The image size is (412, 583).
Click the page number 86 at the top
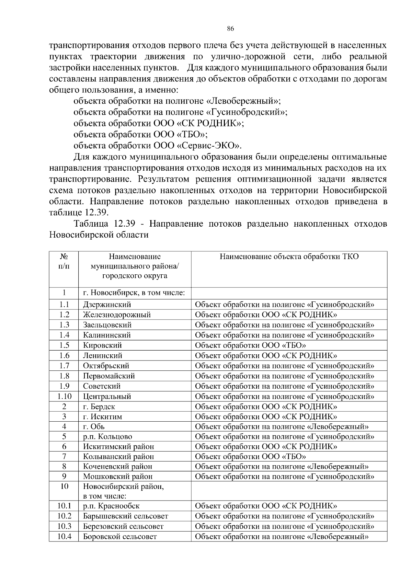pyautogui.click(x=230, y=29)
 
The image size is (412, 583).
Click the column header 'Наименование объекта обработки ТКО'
pyautogui.click(x=289, y=256)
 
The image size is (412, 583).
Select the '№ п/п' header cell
pyautogui.click(x=64, y=261)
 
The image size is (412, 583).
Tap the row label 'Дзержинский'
pyautogui.click(x=107, y=305)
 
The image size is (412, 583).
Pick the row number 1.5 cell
pyautogui.click(x=64, y=345)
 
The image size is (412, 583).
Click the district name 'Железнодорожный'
pyautogui.click(x=117, y=315)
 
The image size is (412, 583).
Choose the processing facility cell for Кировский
pyautogui.click(x=250, y=345)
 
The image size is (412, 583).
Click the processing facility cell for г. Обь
pyautogui.click(x=282, y=427)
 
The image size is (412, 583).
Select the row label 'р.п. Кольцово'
pyautogui.click(x=107, y=437)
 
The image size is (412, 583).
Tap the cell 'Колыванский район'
pyautogui.click(x=118, y=457)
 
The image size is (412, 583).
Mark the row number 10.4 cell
pyautogui.click(x=64, y=536)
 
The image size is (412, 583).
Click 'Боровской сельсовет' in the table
pyautogui.click(x=120, y=537)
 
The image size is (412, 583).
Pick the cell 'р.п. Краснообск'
pyautogui.click(x=111, y=506)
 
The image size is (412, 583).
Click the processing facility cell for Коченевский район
pyautogui.click(x=282, y=467)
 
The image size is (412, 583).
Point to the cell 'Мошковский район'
pyautogui.click(x=118, y=477)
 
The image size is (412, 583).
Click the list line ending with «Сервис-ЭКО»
pyautogui.click(x=158, y=146)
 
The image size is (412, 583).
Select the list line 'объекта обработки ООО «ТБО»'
pyautogui.click(x=141, y=134)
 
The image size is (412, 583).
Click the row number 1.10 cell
pyautogui.click(x=64, y=397)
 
